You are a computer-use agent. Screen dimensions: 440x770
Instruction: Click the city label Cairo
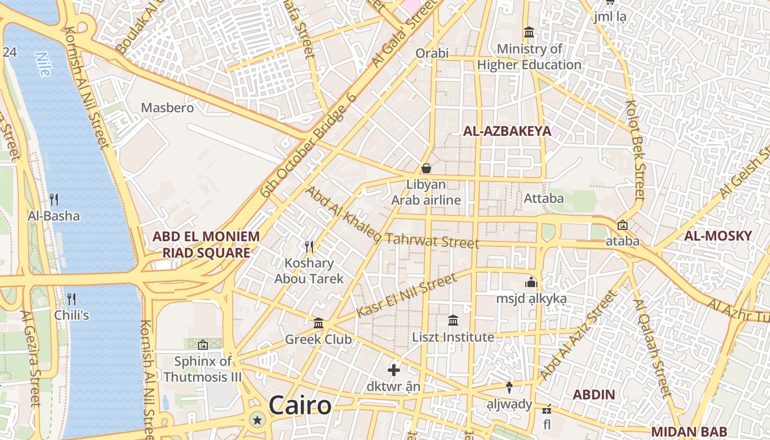[x=300, y=406]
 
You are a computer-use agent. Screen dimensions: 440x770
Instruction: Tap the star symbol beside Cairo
[x=257, y=421]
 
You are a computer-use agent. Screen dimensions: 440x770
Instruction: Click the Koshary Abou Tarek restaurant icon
[x=309, y=247]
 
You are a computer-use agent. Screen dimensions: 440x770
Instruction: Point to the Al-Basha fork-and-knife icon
[x=54, y=200]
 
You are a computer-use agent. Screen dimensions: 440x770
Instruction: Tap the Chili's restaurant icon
[x=71, y=299]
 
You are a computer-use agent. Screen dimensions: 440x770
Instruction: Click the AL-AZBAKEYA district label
[x=507, y=131]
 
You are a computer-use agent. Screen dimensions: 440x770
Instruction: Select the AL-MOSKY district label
[x=718, y=236]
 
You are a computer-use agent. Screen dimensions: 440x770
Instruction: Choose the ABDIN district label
[x=594, y=395]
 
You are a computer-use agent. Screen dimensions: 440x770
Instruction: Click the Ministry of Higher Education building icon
[x=529, y=32]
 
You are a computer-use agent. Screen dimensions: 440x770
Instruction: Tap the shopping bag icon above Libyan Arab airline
[x=426, y=168]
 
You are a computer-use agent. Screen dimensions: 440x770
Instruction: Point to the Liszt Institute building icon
[x=453, y=320]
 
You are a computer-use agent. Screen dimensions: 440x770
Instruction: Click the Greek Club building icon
[x=318, y=323]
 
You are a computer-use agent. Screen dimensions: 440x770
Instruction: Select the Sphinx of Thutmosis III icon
[x=203, y=345]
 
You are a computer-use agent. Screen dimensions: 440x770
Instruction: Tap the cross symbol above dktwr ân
[x=394, y=370]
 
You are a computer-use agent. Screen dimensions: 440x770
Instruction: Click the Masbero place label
[x=168, y=108]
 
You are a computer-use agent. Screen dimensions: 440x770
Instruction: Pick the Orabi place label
[x=432, y=53]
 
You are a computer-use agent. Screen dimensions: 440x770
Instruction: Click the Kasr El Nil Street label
[x=406, y=296]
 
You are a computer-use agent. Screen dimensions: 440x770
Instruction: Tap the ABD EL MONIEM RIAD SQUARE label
[x=206, y=245]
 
